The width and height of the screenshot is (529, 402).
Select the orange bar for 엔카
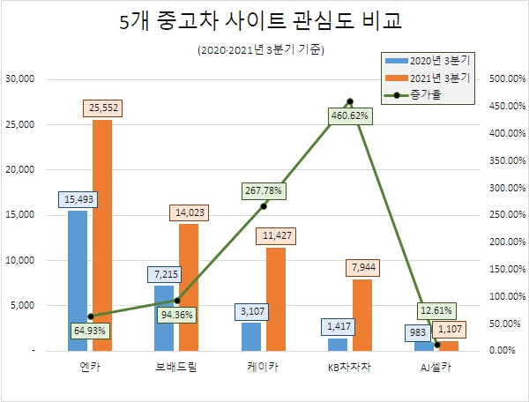point(102,234)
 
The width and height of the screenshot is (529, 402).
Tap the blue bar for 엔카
point(78,279)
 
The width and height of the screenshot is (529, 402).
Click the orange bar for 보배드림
point(189,287)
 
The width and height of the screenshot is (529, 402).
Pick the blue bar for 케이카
point(251,336)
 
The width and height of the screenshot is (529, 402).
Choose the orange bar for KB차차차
point(361,314)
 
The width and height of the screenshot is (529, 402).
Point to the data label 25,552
point(102,107)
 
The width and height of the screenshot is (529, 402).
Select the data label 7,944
point(361,267)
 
